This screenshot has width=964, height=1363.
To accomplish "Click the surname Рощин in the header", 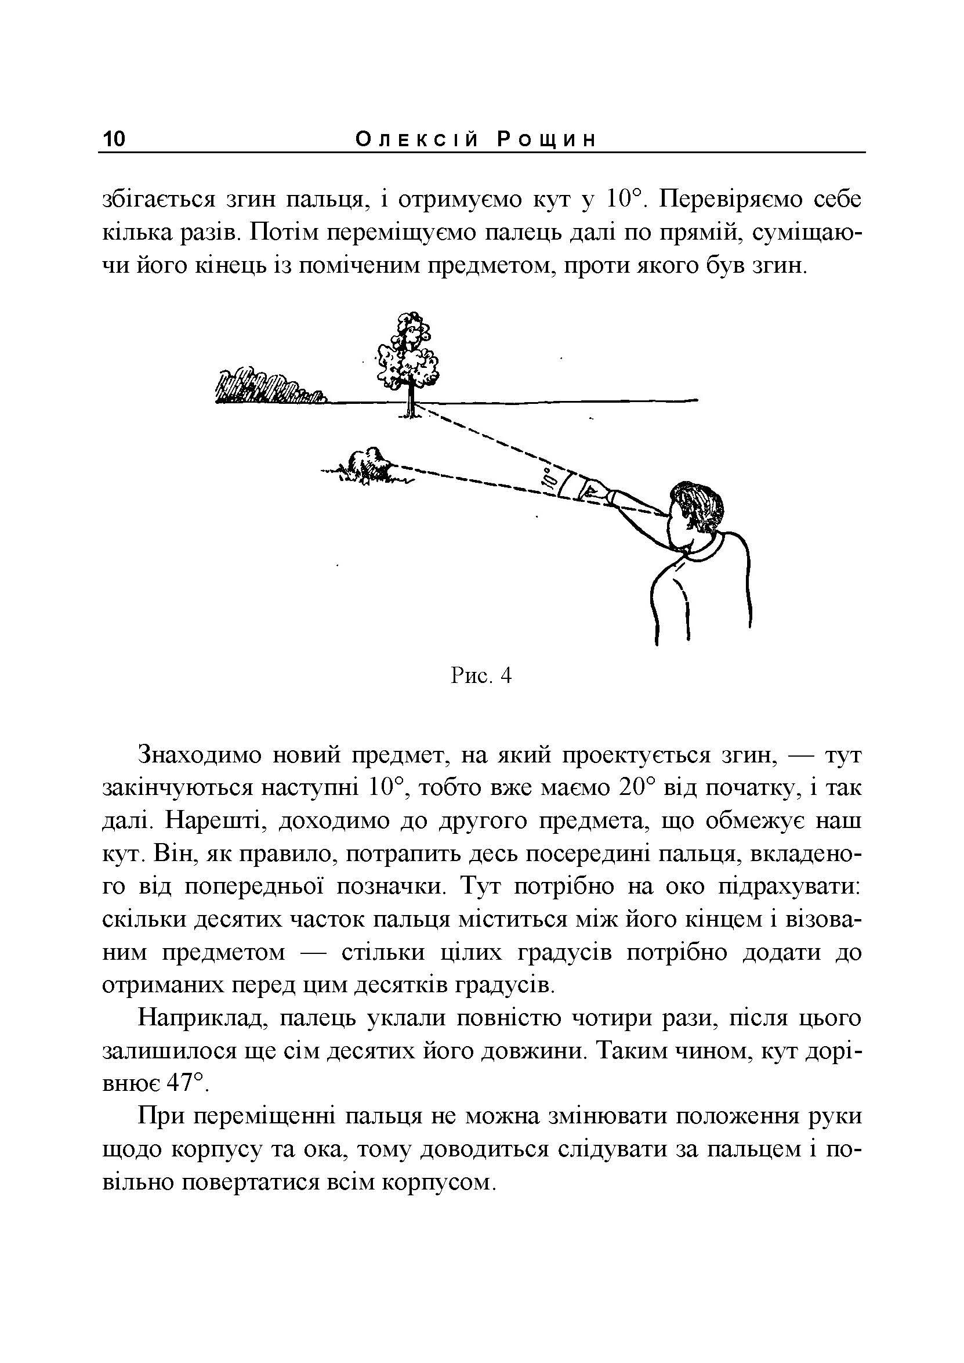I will click(546, 140).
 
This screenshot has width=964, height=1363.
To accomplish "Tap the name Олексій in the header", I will click(416, 140).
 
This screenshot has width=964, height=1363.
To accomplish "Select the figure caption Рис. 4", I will click(481, 676).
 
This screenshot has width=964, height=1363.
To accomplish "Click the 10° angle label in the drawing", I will click(549, 479).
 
